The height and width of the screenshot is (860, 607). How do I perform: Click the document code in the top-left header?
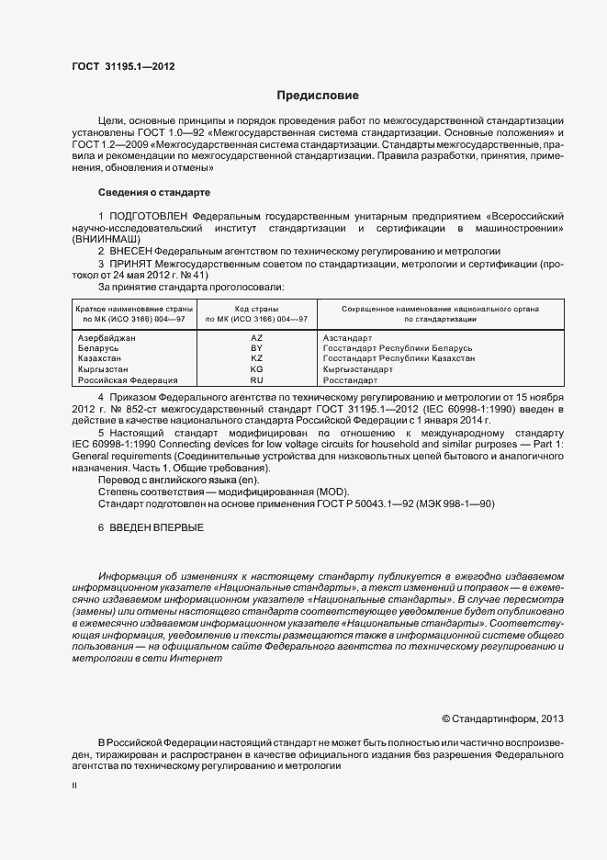122,67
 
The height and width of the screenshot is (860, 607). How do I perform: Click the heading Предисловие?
318,96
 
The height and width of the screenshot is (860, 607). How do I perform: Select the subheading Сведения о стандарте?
154,193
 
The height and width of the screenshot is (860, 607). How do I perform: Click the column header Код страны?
256,310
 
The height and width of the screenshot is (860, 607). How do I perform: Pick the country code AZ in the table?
256,339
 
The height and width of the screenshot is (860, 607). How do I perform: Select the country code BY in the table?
256,349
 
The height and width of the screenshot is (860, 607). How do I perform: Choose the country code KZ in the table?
256,359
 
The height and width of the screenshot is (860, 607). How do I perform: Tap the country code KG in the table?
256,369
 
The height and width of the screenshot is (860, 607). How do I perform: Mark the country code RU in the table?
256,379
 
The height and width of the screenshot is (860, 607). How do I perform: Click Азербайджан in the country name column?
107,339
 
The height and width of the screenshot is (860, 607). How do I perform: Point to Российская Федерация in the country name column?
127,379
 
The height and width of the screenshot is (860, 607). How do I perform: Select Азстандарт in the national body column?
350,339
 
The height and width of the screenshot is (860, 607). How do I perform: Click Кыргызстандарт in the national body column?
357,369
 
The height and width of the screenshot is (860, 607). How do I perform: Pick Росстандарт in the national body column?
350,379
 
